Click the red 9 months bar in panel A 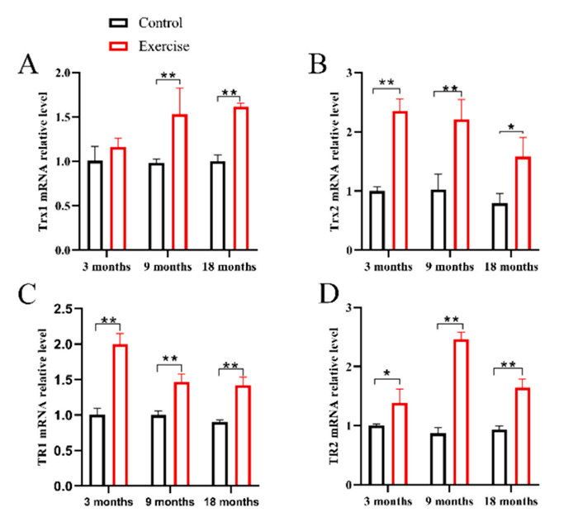pos(178,182)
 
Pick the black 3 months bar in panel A pos(96,205)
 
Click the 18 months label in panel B pos(512,267)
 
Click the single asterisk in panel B pos(511,127)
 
